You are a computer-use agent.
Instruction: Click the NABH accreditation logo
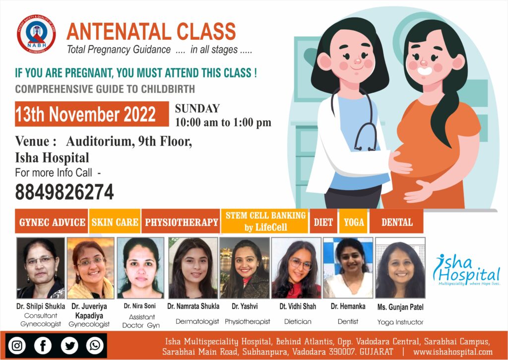pyautogui.click(x=36, y=34)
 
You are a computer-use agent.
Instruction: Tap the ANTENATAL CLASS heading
pyautogui.click(x=151, y=31)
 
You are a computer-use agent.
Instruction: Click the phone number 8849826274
pyautogui.click(x=64, y=192)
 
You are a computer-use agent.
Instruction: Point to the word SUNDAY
pyautogui.click(x=197, y=108)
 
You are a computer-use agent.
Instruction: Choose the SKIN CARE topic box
pyautogui.click(x=115, y=221)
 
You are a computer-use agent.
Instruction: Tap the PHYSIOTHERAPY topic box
pyautogui.click(x=181, y=221)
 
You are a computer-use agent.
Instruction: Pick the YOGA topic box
pyautogui.click(x=353, y=221)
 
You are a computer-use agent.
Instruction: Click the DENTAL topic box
pyautogui.click(x=396, y=221)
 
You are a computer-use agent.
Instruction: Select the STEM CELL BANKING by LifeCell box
pyautogui.click(x=265, y=221)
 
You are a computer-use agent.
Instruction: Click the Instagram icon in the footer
pyautogui.click(x=17, y=346)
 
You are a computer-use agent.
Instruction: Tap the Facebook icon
pyautogui.click(x=43, y=346)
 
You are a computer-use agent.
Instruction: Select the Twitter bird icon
pyautogui.click(x=69, y=346)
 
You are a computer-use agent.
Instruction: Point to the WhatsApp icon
pyautogui.click(x=95, y=346)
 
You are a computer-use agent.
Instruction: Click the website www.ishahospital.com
pyautogui.click(x=452, y=352)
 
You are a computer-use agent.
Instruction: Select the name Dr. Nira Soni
pyautogui.click(x=139, y=306)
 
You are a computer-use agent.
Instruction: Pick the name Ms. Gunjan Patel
pyautogui.click(x=400, y=307)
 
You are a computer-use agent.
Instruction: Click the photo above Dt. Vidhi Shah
pyautogui.click(x=296, y=268)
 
